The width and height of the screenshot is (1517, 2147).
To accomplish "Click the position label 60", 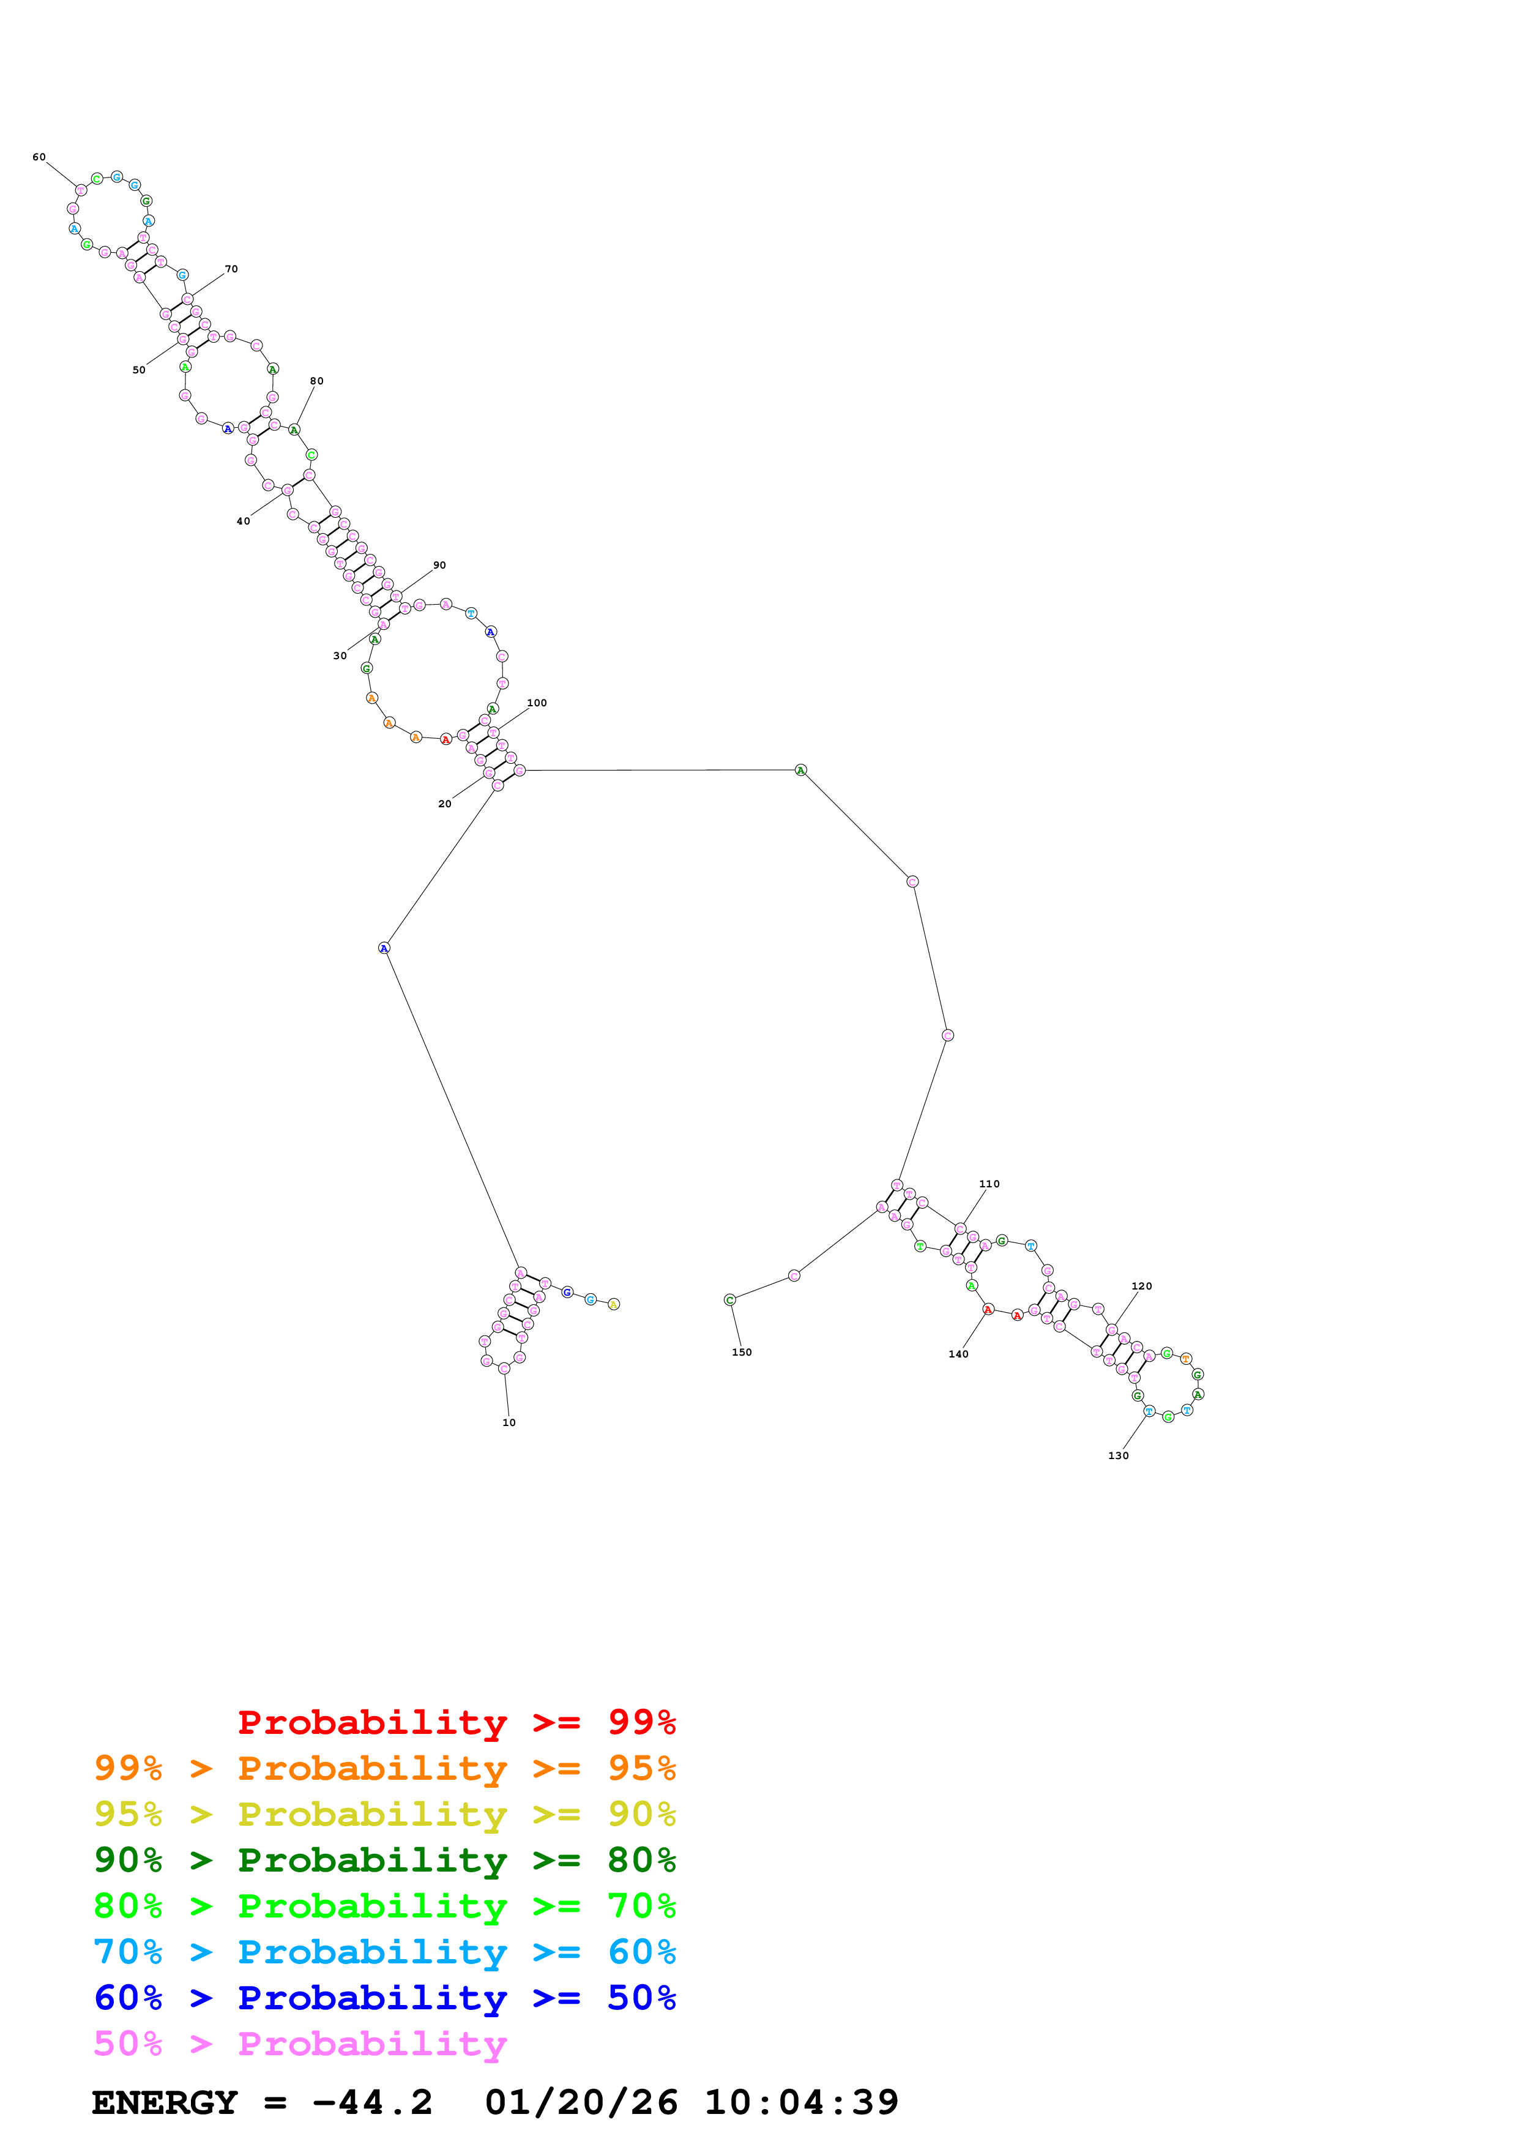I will [39, 157].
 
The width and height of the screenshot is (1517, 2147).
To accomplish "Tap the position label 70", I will [231, 269].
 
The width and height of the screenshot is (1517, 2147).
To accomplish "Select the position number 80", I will [317, 381].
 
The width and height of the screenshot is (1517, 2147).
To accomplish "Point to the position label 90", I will [439, 566].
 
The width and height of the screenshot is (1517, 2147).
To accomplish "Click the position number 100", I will [537, 703].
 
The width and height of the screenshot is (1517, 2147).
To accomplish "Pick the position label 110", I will [989, 1184].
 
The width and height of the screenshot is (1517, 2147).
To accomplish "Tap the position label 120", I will [1141, 1286].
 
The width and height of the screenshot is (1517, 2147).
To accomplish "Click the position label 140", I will [958, 1354].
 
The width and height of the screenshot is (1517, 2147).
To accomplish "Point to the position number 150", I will [741, 1352].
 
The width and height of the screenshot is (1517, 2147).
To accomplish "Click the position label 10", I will [509, 1422].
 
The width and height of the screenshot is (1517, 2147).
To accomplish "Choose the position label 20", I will [445, 804].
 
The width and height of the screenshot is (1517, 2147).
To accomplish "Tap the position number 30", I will [340, 657].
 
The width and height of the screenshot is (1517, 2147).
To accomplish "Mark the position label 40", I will [243, 522].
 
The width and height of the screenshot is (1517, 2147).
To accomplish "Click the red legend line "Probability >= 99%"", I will [456, 1722].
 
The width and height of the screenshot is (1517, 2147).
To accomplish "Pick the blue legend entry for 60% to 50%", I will [385, 1998].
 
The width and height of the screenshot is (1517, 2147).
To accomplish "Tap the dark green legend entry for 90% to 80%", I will [385, 1860].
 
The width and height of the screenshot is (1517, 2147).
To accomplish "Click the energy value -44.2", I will [372, 2103].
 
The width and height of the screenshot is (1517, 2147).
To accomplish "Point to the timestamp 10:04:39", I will [801, 2103].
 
